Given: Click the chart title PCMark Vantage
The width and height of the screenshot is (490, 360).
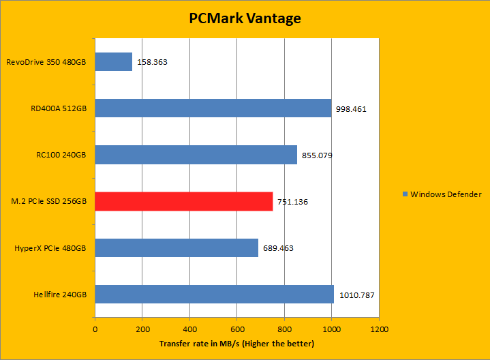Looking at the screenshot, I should click(x=245, y=18).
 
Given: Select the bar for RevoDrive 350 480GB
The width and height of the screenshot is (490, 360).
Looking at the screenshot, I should click(x=113, y=62).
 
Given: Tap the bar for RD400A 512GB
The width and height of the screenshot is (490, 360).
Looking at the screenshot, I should click(x=213, y=108).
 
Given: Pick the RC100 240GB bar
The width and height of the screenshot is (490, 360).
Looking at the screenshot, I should click(x=196, y=155).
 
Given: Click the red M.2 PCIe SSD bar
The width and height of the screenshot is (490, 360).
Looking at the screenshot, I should click(x=183, y=201).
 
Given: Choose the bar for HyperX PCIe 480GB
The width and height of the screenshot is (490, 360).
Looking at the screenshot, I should click(x=176, y=247).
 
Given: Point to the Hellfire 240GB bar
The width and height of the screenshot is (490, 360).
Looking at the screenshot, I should click(x=214, y=294).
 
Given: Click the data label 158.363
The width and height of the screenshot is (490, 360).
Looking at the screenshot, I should click(x=153, y=62).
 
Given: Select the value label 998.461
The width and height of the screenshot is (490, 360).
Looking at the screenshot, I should click(x=352, y=108).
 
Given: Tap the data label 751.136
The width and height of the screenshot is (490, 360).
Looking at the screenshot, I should click(x=293, y=202).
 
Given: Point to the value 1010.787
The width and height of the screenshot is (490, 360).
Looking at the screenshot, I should click(x=356, y=295).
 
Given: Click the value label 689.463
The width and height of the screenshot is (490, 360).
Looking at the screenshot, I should click(x=278, y=248).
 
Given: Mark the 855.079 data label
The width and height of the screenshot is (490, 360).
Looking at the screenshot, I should click(x=317, y=155).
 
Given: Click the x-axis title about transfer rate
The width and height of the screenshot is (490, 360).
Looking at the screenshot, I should click(x=236, y=343).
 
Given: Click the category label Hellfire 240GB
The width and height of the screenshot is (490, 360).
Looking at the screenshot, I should click(x=59, y=295).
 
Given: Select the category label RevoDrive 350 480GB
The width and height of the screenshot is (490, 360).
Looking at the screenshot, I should click(x=46, y=62).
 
